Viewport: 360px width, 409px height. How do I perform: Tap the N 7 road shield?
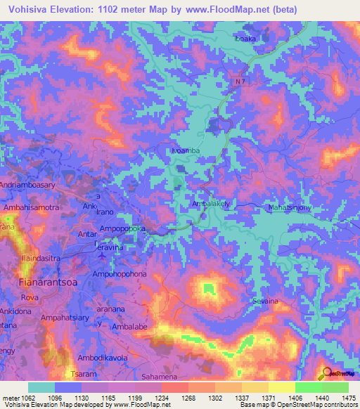[241, 82]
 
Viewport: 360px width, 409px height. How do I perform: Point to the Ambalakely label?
[211, 204]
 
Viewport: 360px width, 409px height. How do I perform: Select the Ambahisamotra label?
[32, 208]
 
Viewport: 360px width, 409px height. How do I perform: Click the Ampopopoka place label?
[122, 229]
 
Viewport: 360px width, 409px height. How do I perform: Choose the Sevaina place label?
[266, 301]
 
